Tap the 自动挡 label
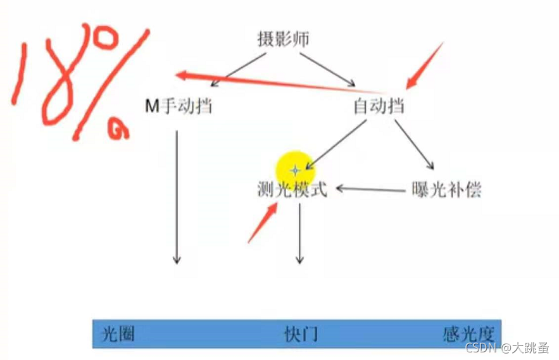point(379,106)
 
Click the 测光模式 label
point(292,189)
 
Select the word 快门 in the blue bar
point(300,333)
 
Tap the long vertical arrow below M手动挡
point(177,196)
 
